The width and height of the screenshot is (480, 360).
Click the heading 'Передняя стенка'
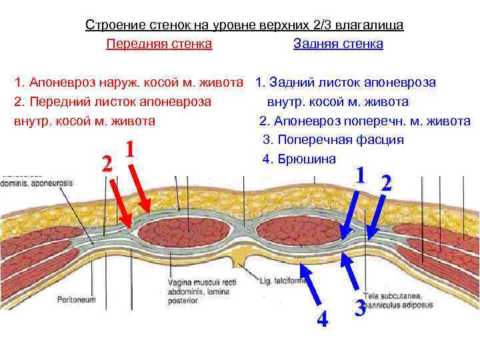159,44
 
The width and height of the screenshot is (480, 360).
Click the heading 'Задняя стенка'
338,44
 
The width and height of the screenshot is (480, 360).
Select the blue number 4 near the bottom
322,320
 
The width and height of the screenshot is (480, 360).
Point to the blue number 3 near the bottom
359,308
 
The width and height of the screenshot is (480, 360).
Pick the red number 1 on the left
131,150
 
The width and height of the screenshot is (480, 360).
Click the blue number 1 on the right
360,175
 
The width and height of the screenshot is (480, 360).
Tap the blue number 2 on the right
386,183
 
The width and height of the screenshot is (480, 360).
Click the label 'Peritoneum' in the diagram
77,299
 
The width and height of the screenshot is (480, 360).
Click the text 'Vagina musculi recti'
202,283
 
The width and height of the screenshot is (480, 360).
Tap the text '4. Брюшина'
299,159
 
